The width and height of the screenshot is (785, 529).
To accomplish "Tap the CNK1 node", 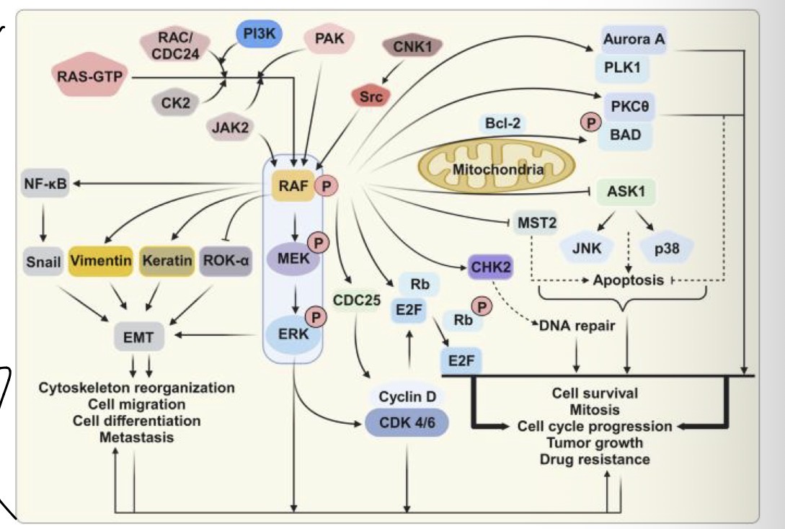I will coord(412,47).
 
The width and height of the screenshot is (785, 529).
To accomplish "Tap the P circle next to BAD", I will coord(593,123).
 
